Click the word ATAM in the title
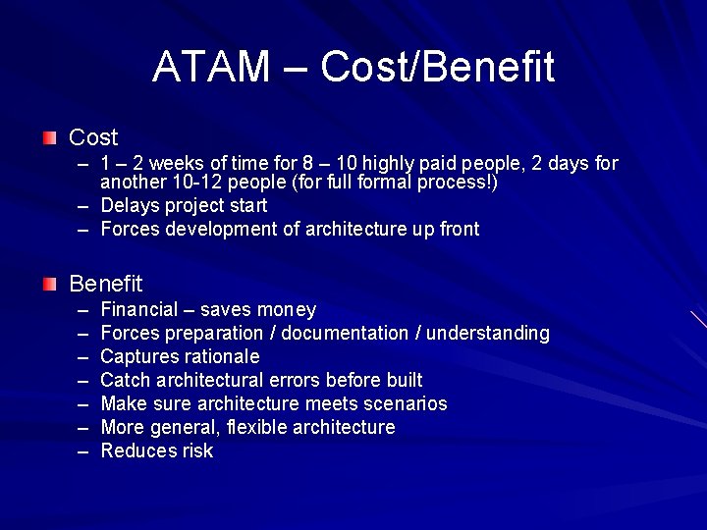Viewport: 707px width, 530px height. point(210,67)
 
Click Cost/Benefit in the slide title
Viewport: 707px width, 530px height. point(437,67)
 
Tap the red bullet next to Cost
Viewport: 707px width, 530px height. point(50,137)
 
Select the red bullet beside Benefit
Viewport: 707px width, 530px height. point(50,284)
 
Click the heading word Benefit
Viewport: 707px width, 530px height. point(105,284)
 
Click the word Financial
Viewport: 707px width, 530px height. point(139,310)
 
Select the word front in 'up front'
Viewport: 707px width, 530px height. point(457,229)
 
